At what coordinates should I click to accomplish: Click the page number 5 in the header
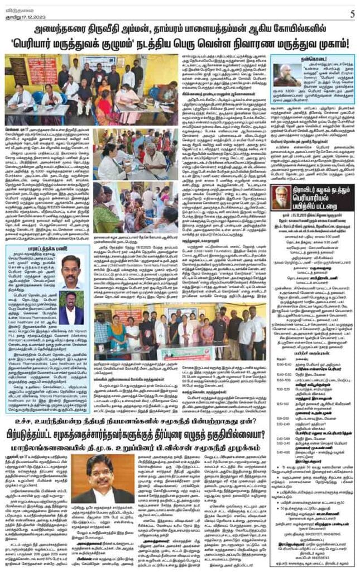click(x=353, y=12)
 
